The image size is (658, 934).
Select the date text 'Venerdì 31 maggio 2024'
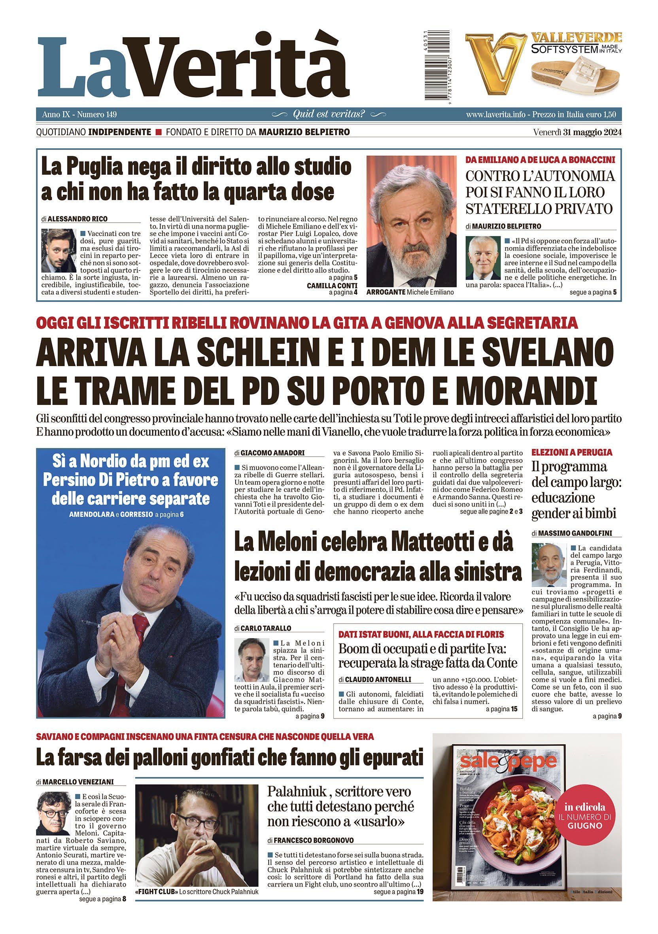(x=577, y=132)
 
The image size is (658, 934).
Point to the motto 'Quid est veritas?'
(x=329, y=114)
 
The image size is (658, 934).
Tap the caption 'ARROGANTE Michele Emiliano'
(x=410, y=292)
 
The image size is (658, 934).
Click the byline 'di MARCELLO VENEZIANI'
(x=75, y=782)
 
